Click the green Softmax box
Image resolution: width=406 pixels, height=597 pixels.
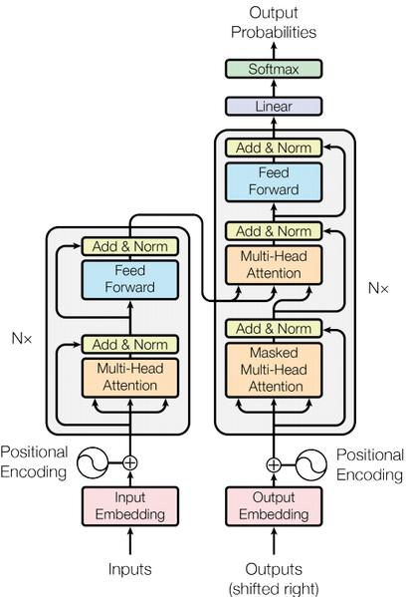point(273,68)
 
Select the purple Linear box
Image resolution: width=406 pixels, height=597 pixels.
point(273,105)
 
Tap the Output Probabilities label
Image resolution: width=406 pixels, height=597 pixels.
point(273,23)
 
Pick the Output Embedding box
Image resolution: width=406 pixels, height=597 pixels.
point(273,506)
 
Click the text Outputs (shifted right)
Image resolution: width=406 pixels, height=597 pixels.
point(273,576)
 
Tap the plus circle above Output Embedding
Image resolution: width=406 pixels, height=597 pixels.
point(273,463)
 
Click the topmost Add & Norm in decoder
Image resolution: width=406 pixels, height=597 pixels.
point(273,148)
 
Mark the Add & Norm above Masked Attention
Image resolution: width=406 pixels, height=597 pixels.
point(273,328)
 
